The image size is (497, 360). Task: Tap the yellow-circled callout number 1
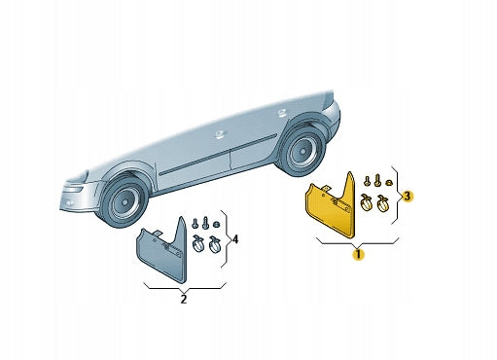pyautogui.click(x=358, y=255)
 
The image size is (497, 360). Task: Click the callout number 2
pyautogui.click(x=184, y=299)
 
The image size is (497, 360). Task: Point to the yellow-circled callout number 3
pyautogui.click(x=408, y=197)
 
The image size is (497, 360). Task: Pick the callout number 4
pyautogui.click(x=235, y=239)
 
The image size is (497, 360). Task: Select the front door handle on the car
pyautogui.click(x=221, y=134)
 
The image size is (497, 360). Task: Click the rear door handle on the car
pyautogui.click(x=281, y=113)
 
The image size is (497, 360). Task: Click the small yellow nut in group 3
pyautogui.click(x=388, y=183)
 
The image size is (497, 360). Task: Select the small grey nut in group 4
pyautogui.click(x=215, y=224)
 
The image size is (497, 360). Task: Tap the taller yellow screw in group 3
pyautogui.click(x=377, y=180)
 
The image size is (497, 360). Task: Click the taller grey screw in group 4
pyautogui.click(x=205, y=223)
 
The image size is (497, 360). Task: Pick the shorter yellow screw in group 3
pyautogui.click(x=367, y=181)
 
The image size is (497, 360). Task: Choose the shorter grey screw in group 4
pyautogui.click(x=195, y=223)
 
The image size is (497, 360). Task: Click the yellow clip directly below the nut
pyautogui.click(x=382, y=202)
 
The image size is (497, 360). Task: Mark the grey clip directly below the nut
pyautogui.click(x=214, y=244)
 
